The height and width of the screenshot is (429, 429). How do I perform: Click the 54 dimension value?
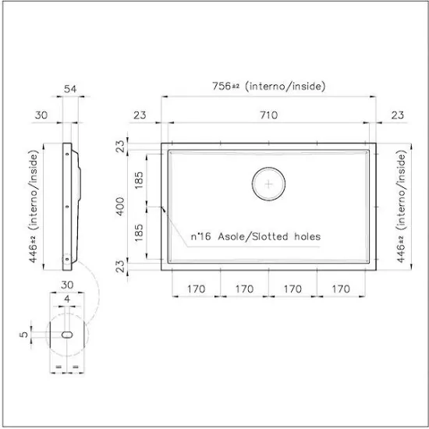(x=70, y=89)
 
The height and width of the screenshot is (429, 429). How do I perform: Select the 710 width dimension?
(x=268, y=115)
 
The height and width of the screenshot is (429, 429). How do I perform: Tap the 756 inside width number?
(x=222, y=86)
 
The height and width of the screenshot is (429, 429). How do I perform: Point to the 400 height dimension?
(x=120, y=207)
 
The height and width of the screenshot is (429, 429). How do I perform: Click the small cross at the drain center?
(x=268, y=184)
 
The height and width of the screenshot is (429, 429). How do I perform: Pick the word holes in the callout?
(x=307, y=236)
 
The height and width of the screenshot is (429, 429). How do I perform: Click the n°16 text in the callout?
(x=200, y=236)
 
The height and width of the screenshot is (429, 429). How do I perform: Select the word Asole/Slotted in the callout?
(x=253, y=236)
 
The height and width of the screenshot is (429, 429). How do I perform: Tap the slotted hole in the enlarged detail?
(x=67, y=335)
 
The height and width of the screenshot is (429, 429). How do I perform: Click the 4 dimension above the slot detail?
(x=67, y=299)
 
